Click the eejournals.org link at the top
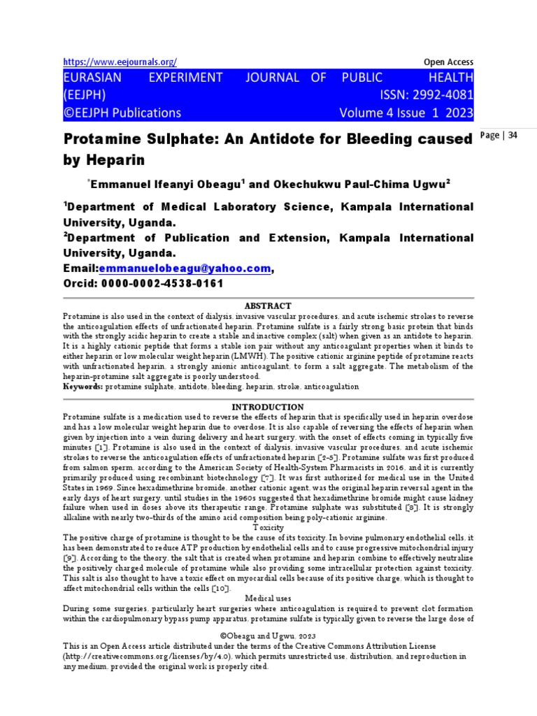[120, 62]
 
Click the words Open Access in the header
[449, 62]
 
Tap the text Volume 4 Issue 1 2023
[406, 113]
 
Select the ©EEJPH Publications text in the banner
[122, 113]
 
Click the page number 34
[513, 136]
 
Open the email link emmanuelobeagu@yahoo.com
[185, 268]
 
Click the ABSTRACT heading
[268, 306]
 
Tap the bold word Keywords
[83, 386]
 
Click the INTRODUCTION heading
[268, 407]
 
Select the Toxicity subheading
[268, 527]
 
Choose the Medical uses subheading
[268, 599]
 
